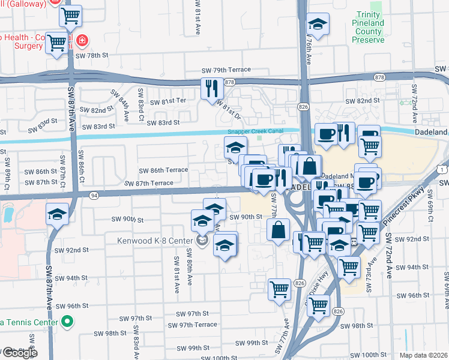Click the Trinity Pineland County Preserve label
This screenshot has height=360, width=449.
click(367, 27)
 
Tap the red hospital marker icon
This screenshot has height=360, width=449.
click(82, 41)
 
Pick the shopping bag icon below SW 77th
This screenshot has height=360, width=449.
click(279, 229)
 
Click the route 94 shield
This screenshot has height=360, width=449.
click(94, 196)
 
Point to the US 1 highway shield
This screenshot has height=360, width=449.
click(442, 170)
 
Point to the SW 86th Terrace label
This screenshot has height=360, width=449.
click(163, 170)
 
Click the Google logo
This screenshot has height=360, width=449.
click(19, 353)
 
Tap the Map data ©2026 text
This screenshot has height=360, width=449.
click(423, 355)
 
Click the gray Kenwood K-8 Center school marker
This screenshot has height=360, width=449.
click(202, 241)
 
